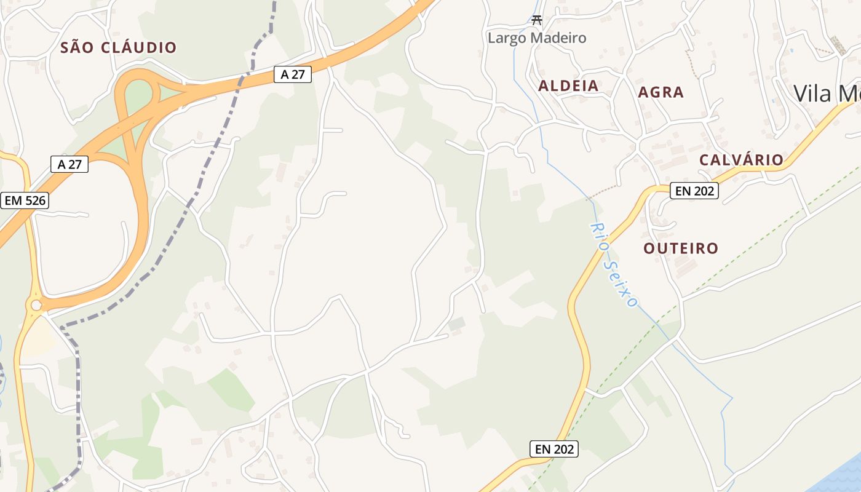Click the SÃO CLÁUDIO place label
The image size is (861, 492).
tap(118, 47)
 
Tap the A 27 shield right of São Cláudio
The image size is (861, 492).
tap(293, 74)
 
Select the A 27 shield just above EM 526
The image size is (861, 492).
tap(69, 164)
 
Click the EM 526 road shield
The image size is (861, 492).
tap(25, 200)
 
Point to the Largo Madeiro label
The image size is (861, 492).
tap(537, 38)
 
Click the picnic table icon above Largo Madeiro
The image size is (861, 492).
tap(537, 20)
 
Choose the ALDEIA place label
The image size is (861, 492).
tap(568, 86)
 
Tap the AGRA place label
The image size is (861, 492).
tap(661, 92)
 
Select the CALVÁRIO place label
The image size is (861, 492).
tap(741, 160)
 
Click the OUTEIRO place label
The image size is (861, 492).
tap(681, 248)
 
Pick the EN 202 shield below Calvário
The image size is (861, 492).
tap(694, 191)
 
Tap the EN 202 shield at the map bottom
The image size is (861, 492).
tap(554, 449)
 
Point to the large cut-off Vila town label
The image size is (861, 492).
tap(827, 93)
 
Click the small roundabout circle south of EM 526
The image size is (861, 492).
tap(36, 304)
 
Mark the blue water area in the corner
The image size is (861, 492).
tap(839, 477)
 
